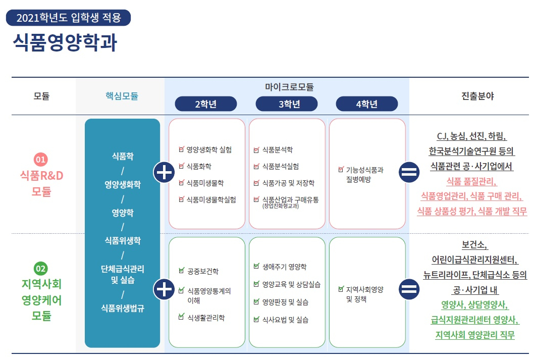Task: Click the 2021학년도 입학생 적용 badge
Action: click(68, 18)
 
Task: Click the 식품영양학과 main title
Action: click(65, 43)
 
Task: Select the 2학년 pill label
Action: click(206, 104)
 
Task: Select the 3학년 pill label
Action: click(287, 104)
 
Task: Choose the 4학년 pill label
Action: click(367, 104)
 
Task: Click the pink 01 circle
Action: click(41, 160)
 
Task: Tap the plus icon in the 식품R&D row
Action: click(164, 173)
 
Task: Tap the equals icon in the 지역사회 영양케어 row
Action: click(409, 289)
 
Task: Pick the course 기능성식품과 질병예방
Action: click(364, 174)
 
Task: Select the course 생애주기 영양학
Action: click(284, 267)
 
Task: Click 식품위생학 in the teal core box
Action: click(123, 240)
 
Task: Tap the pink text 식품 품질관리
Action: click(471, 181)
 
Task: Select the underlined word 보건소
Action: click(475, 245)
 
